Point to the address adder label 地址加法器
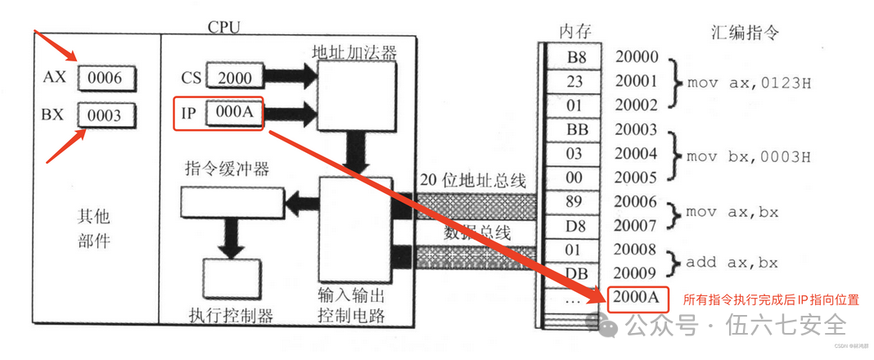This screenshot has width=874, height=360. pos(354,52)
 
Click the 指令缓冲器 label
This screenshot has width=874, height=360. pos(228,170)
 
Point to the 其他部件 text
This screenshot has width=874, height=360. pos(94,230)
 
